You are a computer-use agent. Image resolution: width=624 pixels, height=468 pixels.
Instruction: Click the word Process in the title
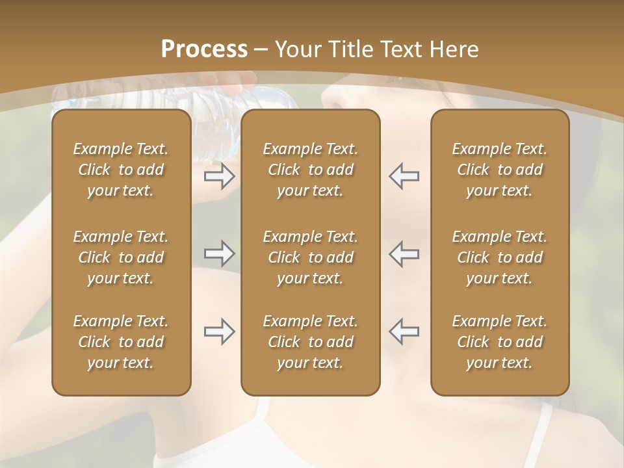pos(204,49)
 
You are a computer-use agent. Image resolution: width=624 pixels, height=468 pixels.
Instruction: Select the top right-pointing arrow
pos(219,176)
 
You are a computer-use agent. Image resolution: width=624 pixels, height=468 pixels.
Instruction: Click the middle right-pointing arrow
pos(219,253)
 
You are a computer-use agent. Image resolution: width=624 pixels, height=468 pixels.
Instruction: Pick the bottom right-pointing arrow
pos(219,331)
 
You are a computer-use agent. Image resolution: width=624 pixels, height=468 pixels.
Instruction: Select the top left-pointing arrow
pos(404,176)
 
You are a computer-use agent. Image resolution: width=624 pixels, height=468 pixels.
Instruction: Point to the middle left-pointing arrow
pos(404,253)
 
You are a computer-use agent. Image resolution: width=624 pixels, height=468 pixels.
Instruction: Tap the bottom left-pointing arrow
pos(404,331)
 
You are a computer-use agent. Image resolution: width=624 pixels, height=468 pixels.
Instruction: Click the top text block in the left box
pos(121,170)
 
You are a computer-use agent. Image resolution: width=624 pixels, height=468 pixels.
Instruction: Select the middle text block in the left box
pos(121,257)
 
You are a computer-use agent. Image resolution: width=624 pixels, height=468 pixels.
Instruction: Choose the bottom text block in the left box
pos(121,342)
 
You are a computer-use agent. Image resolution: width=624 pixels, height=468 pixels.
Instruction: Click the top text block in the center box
pos(310,170)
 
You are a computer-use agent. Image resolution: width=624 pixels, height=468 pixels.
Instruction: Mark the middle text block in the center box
pos(310,257)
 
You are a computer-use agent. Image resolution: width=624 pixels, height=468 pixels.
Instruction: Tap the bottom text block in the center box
pos(310,342)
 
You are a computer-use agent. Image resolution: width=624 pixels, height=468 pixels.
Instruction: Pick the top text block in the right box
pos(499,170)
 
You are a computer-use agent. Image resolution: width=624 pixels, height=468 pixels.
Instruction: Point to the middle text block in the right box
pos(499,257)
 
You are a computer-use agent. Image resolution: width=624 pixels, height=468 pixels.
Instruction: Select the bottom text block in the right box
pos(499,342)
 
